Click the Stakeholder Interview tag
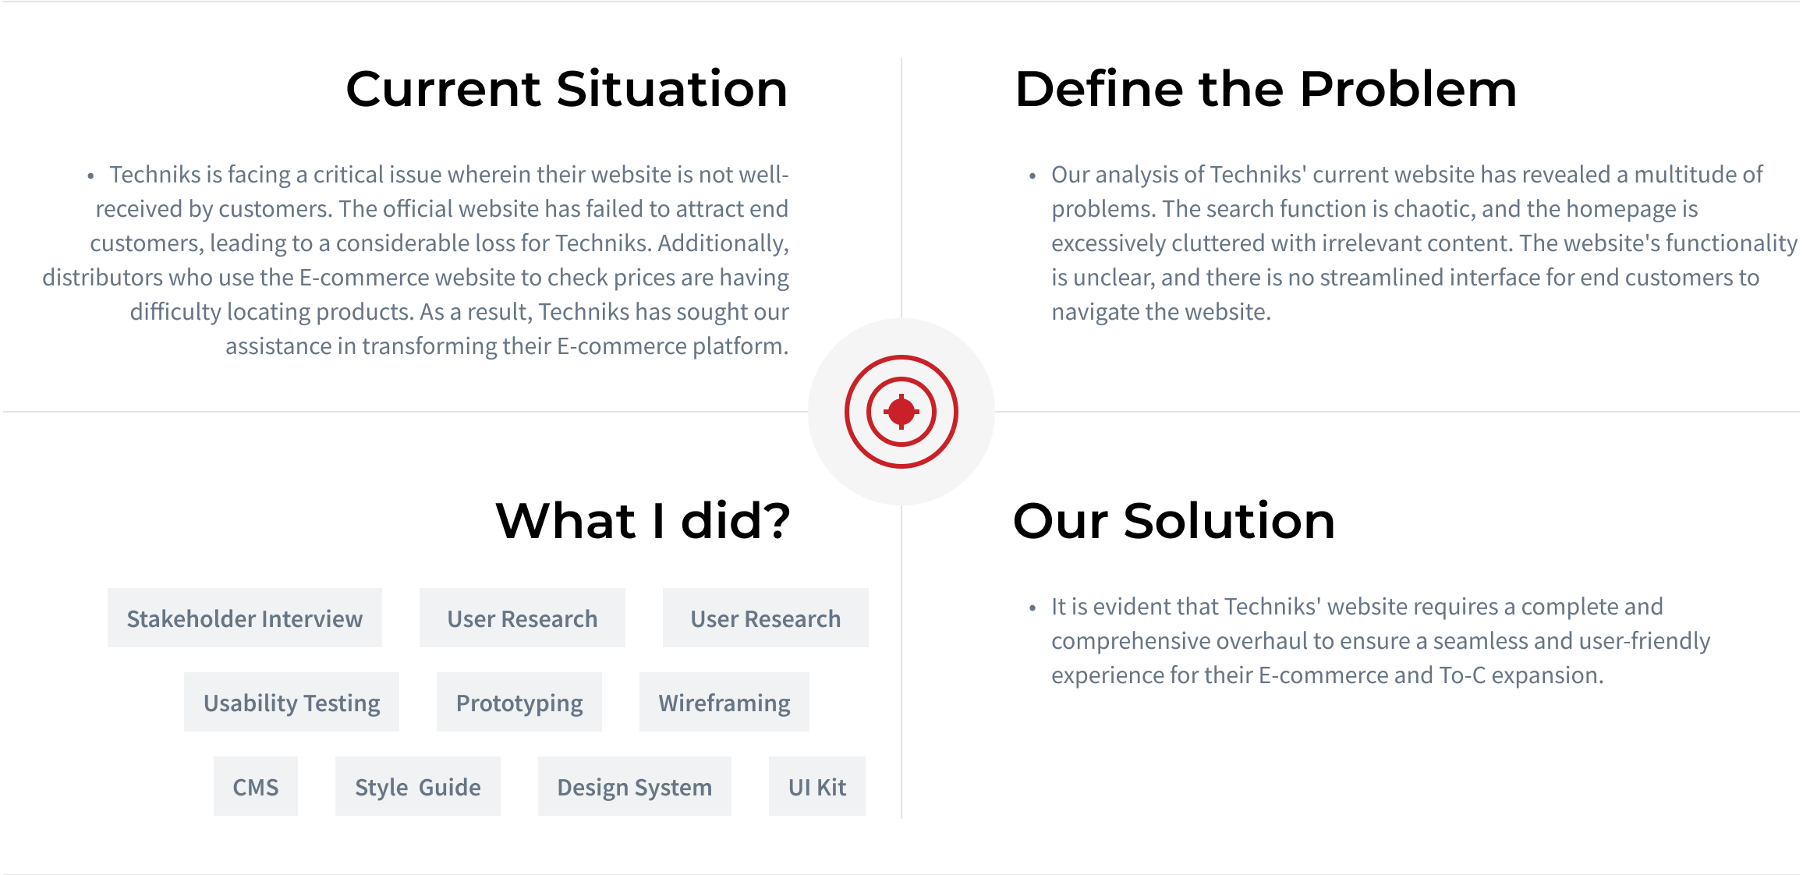[x=244, y=618]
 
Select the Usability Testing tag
[x=291, y=702]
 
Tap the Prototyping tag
[x=519, y=702]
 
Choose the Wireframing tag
[x=724, y=702]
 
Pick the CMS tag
[x=255, y=786]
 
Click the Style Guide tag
[x=417, y=786]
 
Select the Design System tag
[x=634, y=786]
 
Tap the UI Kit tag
[x=816, y=786]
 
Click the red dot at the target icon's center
[x=901, y=412]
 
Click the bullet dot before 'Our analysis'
[x=1033, y=176]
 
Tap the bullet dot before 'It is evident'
[x=1033, y=608]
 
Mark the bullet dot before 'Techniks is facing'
[x=90, y=176]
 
